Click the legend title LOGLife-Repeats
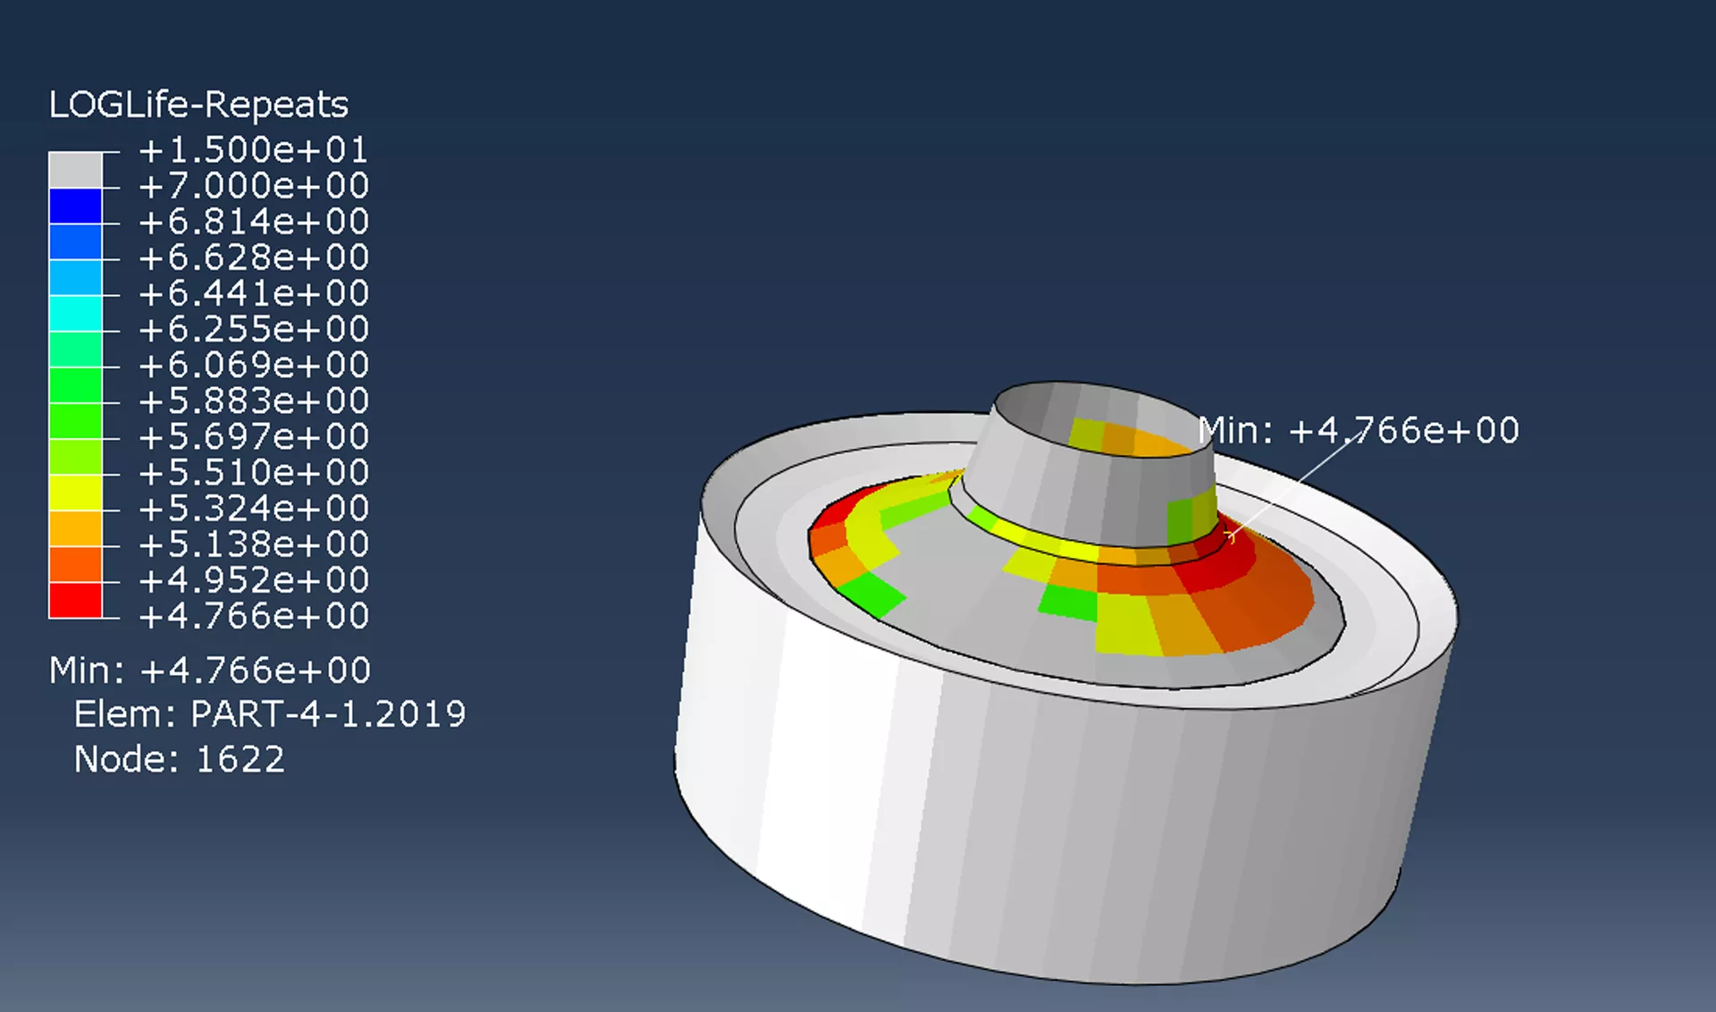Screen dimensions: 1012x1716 198,105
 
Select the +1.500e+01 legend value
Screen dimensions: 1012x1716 254,149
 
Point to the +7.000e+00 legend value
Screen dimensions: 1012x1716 254,186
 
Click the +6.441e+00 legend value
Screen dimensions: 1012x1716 254,293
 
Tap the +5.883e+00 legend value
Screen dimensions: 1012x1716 254,401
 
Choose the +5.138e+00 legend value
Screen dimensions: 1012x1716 254,544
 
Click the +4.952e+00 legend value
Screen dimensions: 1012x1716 254,580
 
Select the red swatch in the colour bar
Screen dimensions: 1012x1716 75,600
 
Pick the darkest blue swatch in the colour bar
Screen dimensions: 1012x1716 75,206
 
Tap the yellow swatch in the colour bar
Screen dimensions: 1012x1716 75,493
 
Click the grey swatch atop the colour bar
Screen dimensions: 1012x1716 75,170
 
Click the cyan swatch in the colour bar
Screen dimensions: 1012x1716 75,313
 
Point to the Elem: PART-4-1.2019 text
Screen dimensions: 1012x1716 269,714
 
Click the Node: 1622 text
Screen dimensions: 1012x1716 179,759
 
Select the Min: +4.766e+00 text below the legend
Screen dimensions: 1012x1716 210,670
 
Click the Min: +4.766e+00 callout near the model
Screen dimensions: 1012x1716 1358,431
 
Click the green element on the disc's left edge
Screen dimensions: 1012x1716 871,595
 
